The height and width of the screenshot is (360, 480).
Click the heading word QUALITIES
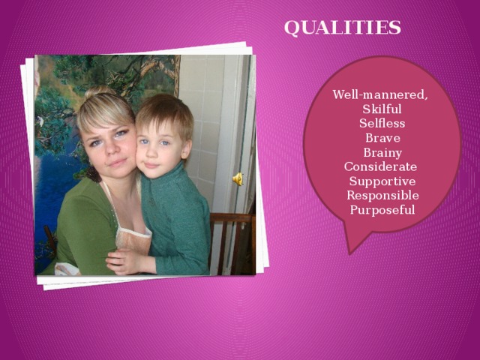342,28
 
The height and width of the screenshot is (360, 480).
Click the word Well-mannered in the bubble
380,96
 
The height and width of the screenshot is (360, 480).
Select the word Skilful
382,110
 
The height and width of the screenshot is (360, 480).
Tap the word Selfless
382,124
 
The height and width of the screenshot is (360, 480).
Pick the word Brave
382,139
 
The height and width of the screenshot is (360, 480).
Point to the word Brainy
382,153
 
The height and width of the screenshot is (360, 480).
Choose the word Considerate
380,166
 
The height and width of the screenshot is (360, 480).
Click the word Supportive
382,181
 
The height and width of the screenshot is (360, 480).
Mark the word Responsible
382,195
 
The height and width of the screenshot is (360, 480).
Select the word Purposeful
382,209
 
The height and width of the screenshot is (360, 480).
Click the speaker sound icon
237,178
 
